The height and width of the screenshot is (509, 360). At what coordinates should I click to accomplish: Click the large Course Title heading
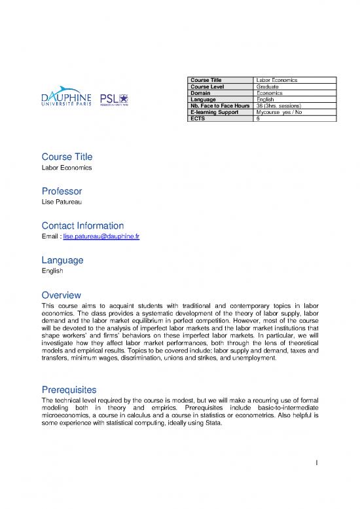coord(67,157)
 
